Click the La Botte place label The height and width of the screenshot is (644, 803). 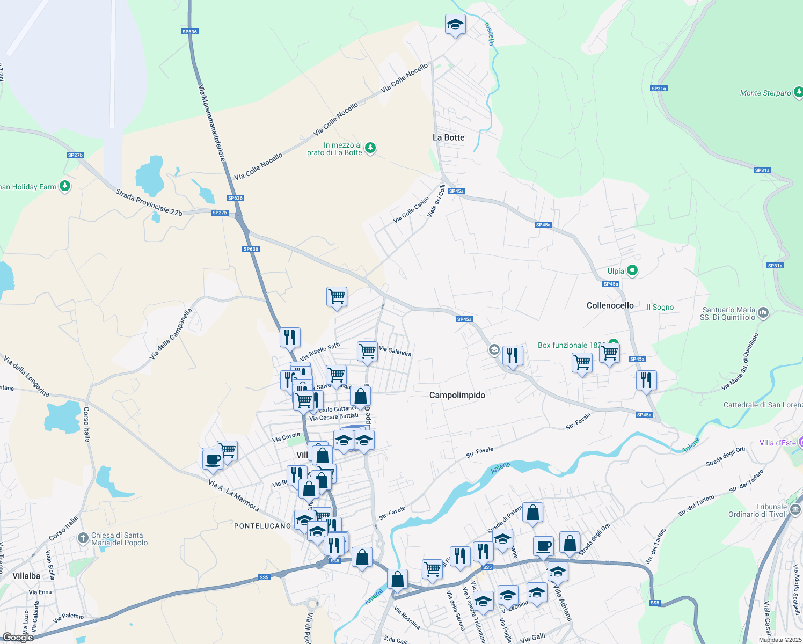(x=448, y=137)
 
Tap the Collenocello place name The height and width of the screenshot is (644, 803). (x=610, y=305)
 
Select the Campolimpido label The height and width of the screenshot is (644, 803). (x=457, y=395)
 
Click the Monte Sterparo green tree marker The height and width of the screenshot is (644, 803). (x=798, y=92)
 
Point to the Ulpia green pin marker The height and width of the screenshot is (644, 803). (x=632, y=270)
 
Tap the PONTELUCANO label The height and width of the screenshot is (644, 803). (x=262, y=526)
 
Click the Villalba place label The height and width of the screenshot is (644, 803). (x=26, y=576)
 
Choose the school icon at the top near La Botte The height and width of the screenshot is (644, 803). (x=455, y=25)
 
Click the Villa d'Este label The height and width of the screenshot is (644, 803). (x=777, y=443)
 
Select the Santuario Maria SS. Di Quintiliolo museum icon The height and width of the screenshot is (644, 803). (x=764, y=312)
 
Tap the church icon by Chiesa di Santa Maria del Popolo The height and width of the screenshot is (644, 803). (x=83, y=538)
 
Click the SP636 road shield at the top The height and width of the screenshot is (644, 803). (x=189, y=32)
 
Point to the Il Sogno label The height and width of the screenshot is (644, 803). (x=660, y=307)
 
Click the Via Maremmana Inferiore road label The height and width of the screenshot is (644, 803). (x=211, y=123)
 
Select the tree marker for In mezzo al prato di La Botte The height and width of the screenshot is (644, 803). (x=370, y=148)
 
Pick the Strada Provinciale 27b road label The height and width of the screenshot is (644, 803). (x=149, y=202)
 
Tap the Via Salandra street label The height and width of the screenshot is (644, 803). (x=395, y=351)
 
